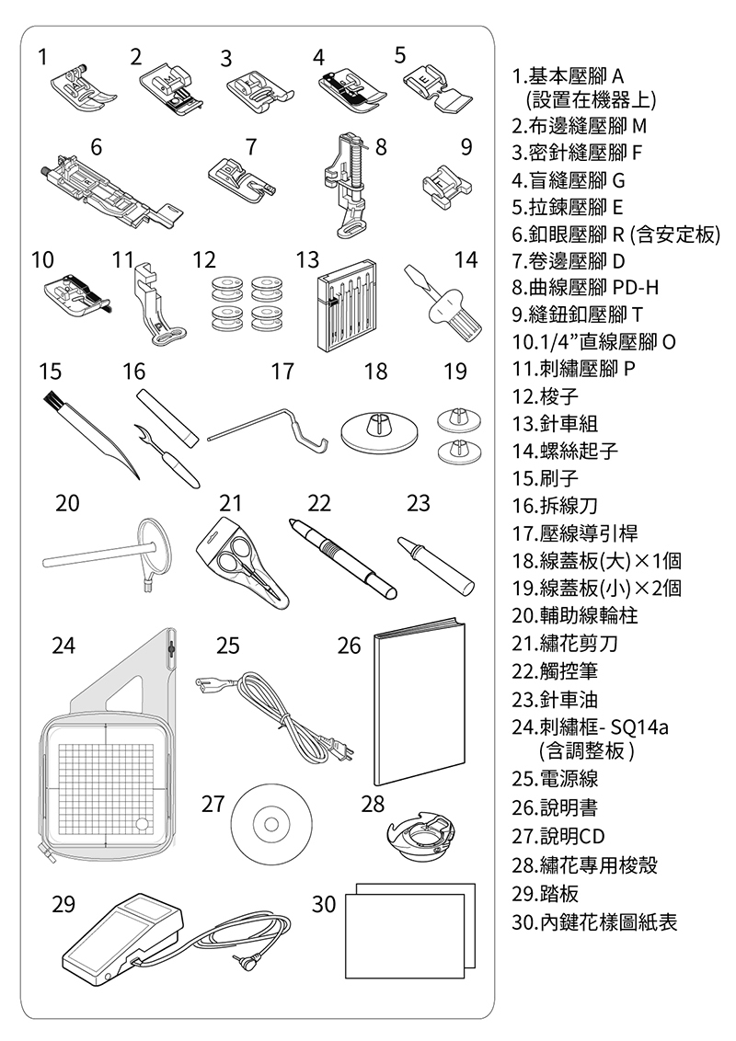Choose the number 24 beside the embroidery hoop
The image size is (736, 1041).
point(63,645)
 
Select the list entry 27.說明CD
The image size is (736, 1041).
point(558,836)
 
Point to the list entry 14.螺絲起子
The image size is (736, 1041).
point(565,451)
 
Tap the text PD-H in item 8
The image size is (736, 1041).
point(635,288)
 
